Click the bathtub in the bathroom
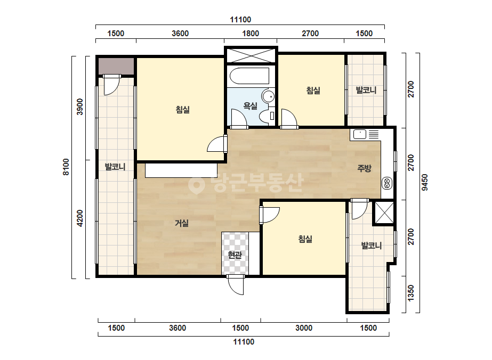click(249, 76)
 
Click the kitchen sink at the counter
click(360, 134)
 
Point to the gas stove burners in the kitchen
click(386, 183)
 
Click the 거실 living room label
click(182, 223)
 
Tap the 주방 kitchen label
click(364, 168)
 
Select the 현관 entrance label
click(235, 255)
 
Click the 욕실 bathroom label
click(251, 106)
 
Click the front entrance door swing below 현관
click(236, 285)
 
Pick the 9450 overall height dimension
click(424, 183)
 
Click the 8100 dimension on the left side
click(66, 167)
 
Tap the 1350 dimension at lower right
click(411, 293)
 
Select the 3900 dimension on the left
click(80, 107)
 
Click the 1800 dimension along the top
click(251, 33)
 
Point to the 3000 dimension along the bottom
click(304, 328)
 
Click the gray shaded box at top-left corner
click(116, 66)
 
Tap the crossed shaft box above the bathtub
click(251, 56)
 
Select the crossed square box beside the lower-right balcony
click(384, 213)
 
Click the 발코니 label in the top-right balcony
click(366, 91)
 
